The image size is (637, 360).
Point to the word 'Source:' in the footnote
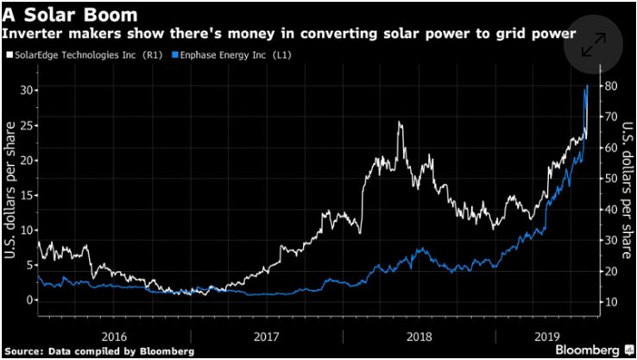pos(25,351)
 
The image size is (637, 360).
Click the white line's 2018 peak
pos(399,123)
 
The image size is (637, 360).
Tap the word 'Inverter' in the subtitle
pos(34,33)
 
